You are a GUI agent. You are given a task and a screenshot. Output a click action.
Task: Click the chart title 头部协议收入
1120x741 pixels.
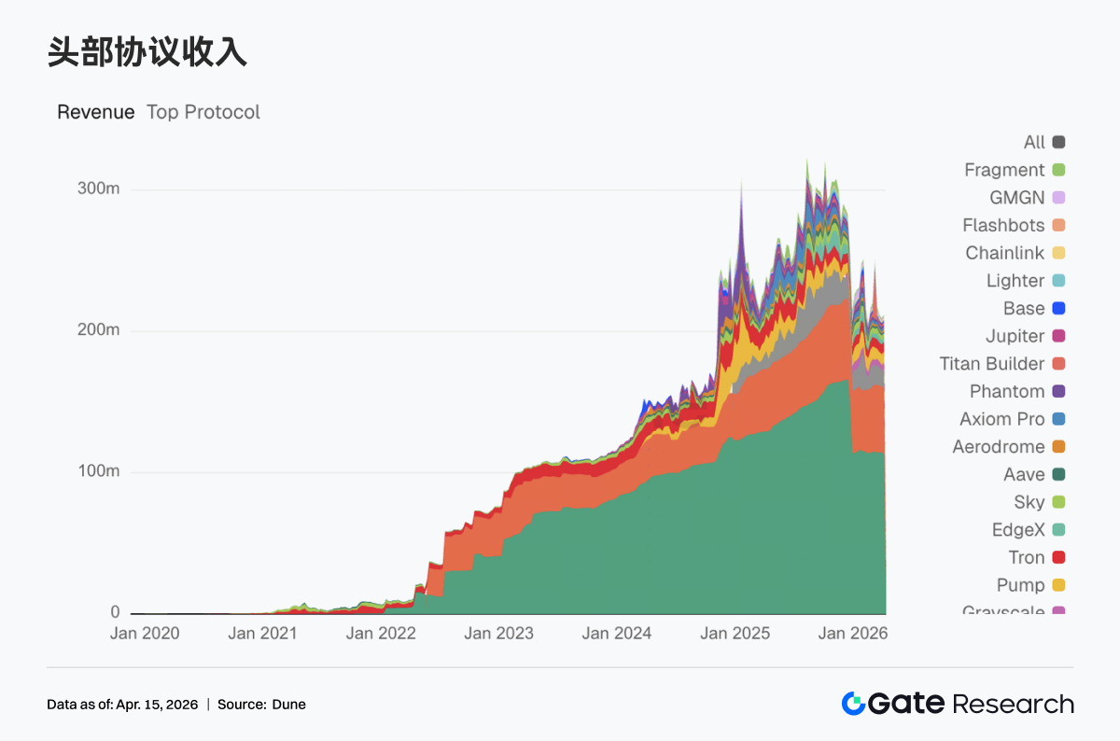147,53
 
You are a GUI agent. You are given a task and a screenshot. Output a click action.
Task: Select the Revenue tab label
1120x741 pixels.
95,112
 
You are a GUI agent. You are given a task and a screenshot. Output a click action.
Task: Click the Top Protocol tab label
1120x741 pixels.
203,112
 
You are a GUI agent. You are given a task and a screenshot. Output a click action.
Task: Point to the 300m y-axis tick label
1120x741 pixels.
98,189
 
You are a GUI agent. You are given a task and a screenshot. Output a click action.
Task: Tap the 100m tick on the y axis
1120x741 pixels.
98,471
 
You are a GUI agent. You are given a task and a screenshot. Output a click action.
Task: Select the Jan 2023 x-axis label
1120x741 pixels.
498,634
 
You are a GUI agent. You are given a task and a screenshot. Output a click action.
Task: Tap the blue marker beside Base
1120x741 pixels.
1058,309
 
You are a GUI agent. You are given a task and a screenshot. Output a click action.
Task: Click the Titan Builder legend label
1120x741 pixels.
992,364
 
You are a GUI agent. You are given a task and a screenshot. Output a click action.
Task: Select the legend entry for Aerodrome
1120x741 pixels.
999,447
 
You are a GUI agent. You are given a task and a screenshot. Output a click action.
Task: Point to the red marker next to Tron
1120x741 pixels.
1058,558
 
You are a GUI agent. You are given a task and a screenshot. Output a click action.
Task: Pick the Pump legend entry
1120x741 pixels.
1020,585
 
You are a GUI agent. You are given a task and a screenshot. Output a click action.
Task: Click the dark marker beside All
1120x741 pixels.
1058,143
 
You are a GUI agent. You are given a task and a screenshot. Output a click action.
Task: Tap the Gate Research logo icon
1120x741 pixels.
853,704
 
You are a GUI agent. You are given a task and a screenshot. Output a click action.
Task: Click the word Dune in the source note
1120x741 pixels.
288,705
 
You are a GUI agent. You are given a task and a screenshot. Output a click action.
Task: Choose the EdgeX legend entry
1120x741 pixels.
1018,530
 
